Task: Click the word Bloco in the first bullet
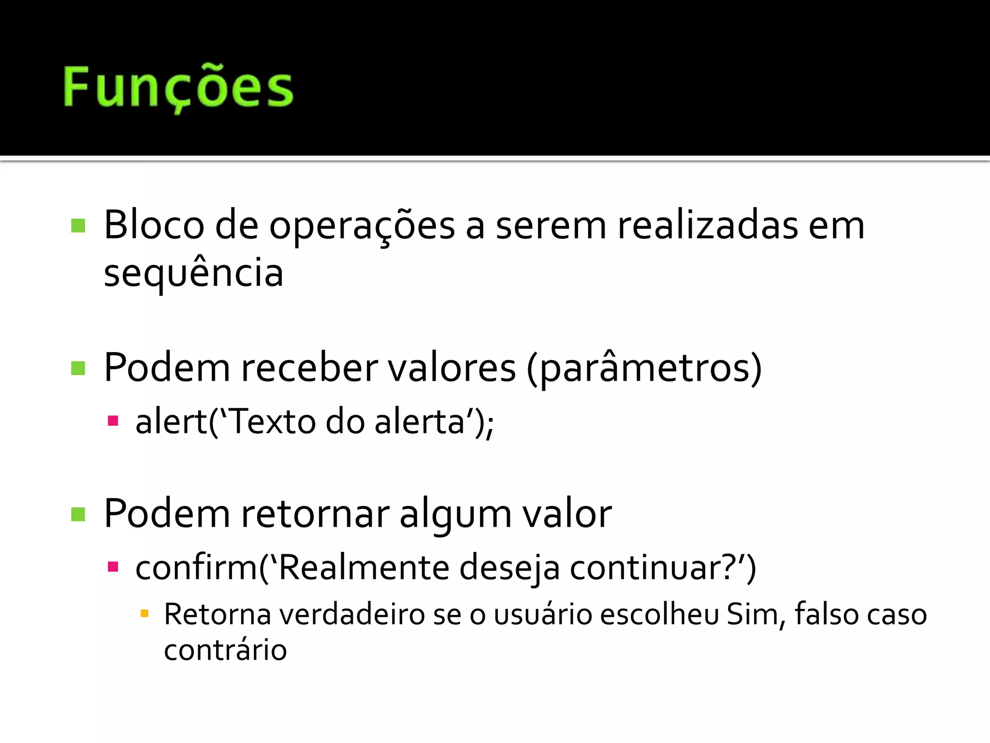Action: coord(154,225)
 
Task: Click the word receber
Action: coord(309,368)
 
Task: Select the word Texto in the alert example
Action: coord(271,422)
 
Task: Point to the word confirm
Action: coord(196,567)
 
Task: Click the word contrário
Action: coord(225,650)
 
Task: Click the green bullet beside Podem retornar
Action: coord(78,514)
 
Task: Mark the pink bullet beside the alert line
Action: coord(113,420)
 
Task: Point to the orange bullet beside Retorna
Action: coord(144,614)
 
